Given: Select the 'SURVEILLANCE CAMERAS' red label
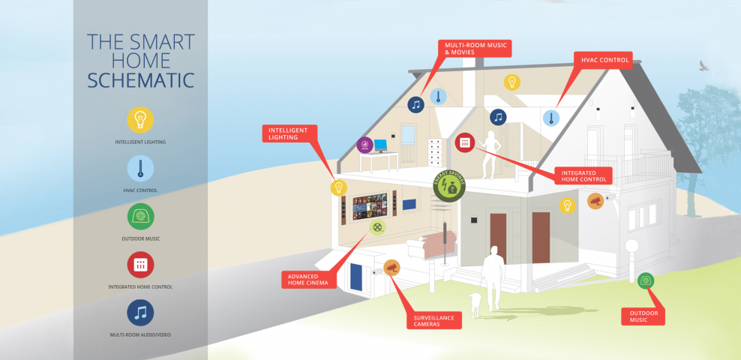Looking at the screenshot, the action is pos(434,321).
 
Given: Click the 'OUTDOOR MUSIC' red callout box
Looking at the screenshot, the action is pos(643,316).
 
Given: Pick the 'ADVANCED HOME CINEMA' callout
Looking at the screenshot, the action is pos(308,280).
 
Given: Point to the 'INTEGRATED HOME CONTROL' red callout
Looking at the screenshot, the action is pos(583,175).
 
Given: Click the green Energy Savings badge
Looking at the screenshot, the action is pos(449,186).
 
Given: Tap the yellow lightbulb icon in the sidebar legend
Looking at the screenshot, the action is pos(140,120).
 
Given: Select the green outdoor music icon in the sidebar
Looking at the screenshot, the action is pos(140,217).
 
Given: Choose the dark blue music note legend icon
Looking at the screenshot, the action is pos(140,313).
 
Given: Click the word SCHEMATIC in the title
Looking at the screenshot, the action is pos(141,80).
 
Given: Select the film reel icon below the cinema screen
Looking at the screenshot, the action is pos(377,227).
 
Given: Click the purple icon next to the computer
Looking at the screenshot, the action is pos(364,145).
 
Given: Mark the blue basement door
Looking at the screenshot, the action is pos(355,277).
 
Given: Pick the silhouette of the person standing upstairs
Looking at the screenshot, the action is pos(490,154).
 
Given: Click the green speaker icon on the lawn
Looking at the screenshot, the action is pos(646,281).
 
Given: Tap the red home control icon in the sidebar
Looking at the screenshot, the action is pos(140,265).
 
